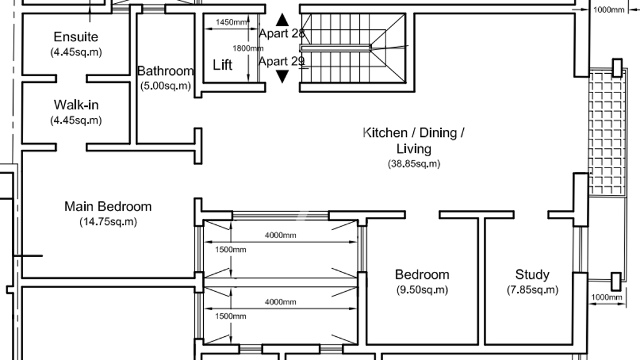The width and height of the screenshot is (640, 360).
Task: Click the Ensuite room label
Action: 76,37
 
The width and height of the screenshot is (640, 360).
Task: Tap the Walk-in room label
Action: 76,105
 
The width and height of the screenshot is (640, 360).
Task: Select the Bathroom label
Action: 165,71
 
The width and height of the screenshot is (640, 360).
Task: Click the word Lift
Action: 222,65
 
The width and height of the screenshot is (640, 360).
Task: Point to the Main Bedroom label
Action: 108,206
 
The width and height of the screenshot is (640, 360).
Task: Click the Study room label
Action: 532,275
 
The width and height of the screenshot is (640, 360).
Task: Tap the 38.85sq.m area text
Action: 414,164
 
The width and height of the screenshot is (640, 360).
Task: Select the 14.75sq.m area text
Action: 108,222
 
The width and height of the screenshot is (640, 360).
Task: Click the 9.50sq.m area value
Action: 422,290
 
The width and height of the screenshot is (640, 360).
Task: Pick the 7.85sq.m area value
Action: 532,290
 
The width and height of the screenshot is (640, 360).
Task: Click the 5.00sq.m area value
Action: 165,86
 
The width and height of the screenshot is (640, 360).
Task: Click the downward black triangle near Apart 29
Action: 282,76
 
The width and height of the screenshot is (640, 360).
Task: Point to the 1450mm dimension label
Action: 231,22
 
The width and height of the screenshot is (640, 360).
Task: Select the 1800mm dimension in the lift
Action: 247,48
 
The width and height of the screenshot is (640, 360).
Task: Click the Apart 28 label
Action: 282,34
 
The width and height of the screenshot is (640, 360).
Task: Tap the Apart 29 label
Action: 282,61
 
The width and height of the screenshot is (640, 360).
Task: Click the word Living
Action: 414,149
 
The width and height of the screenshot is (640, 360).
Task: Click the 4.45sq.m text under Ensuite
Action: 76,52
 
